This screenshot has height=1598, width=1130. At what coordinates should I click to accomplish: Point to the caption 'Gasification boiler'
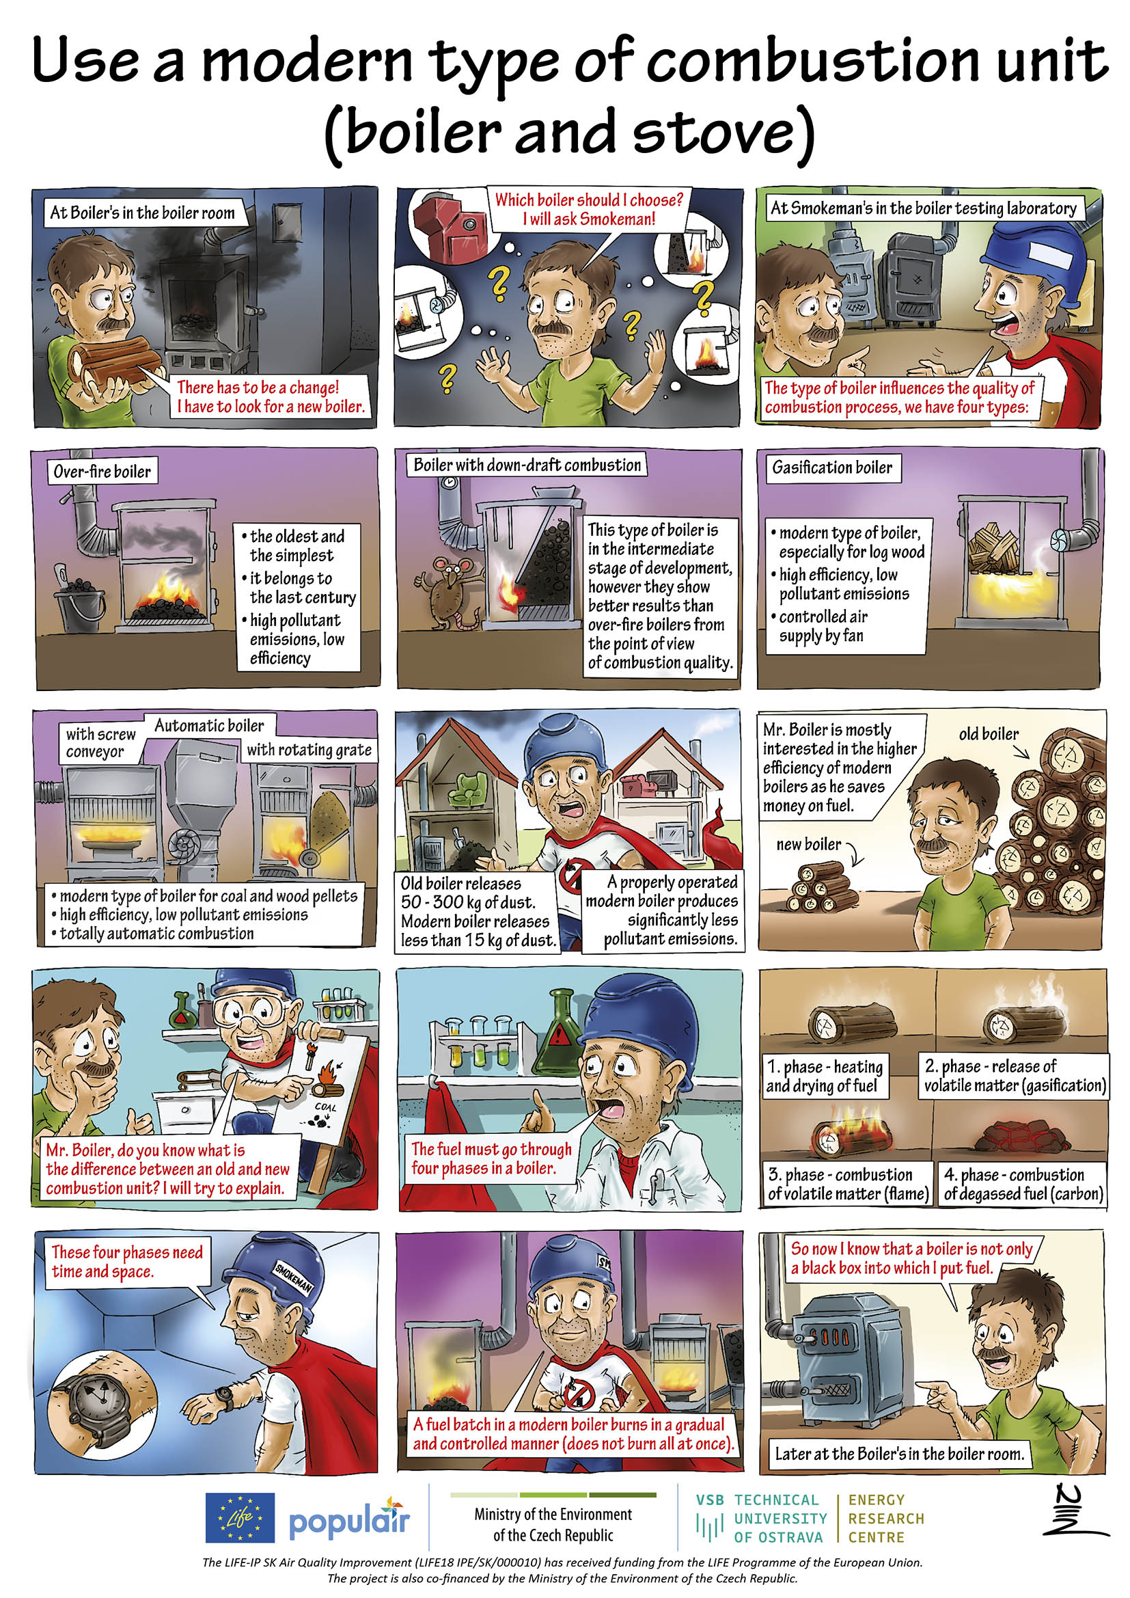(831, 468)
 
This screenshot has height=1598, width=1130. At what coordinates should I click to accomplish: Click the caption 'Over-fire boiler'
(102, 471)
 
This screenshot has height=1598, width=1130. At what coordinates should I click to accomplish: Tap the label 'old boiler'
(988, 733)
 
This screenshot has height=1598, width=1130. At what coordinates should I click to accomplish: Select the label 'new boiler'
(808, 844)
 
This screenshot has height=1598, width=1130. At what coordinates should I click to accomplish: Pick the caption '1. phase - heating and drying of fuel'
(825, 1076)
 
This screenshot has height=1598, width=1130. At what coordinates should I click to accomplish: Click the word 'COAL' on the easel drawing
(326, 1107)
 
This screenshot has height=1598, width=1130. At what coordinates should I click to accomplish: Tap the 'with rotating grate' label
(309, 750)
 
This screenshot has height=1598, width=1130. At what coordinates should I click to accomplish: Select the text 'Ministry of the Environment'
(553, 1514)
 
